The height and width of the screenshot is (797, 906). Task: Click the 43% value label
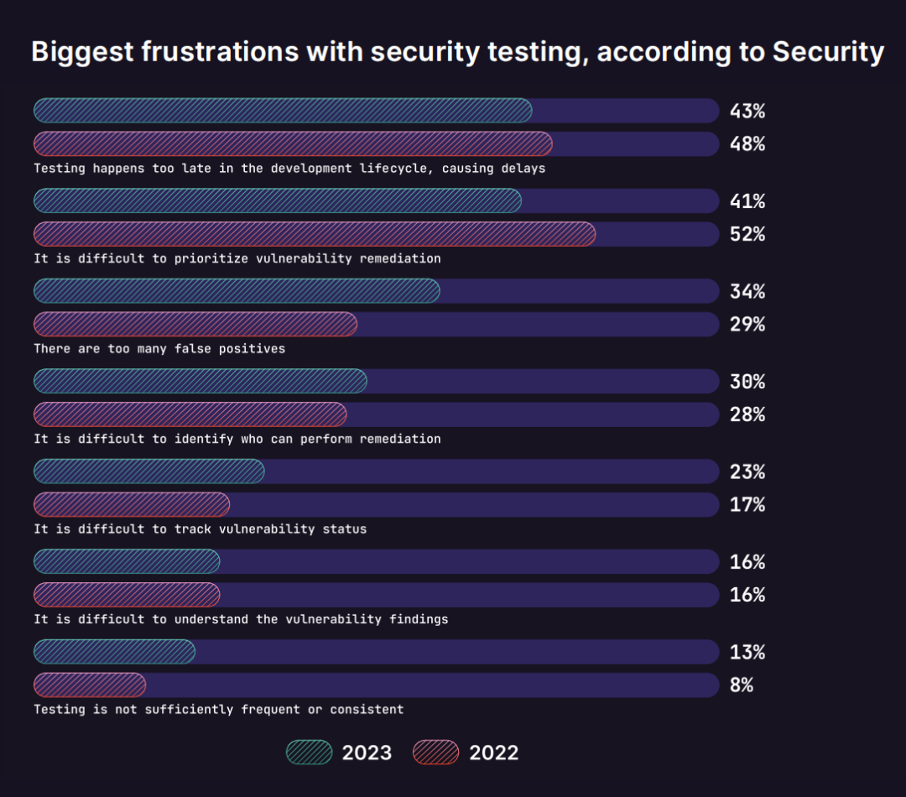(x=747, y=111)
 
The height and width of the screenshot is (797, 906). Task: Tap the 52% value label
(x=747, y=234)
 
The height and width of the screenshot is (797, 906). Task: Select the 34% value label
(x=747, y=291)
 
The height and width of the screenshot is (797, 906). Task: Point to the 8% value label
(x=741, y=685)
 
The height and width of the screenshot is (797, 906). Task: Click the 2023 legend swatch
(x=310, y=753)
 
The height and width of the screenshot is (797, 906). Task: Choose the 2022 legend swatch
(x=436, y=753)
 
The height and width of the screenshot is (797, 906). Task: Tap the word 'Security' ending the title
(x=828, y=52)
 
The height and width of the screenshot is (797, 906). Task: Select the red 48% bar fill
(x=293, y=143)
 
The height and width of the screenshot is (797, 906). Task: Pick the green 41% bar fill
(x=277, y=201)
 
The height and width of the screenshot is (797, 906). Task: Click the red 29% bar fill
(x=195, y=324)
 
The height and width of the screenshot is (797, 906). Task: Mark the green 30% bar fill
(x=200, y=381)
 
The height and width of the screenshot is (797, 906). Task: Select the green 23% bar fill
(x=149, y=471)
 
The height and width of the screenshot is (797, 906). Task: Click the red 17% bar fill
(x=132, y=504)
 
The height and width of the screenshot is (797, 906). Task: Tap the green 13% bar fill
(x=114, y=652)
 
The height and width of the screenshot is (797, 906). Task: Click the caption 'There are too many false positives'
(x=159, y=348)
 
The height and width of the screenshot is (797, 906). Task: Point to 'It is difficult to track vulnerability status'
(x=200, y=529)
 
